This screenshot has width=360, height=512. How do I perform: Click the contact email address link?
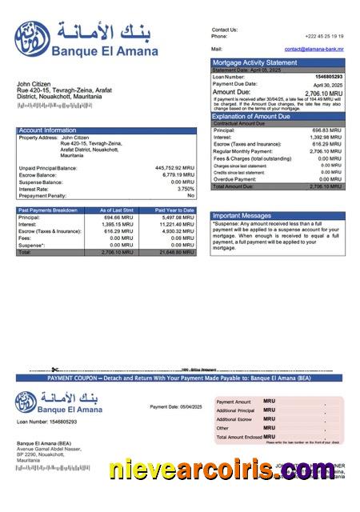314,49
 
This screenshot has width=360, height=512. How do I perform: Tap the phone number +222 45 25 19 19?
325,36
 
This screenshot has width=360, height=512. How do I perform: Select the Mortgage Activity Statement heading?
254,62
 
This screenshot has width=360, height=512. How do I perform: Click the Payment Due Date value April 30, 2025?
327,84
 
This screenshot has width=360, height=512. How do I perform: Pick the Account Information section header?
48,130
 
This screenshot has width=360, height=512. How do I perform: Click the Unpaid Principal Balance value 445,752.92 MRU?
174,168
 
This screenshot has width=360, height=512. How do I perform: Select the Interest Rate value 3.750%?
185,189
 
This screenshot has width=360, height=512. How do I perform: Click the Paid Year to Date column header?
174,210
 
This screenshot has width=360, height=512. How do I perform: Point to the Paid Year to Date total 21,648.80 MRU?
176,252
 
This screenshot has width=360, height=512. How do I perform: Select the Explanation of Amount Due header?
259,117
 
